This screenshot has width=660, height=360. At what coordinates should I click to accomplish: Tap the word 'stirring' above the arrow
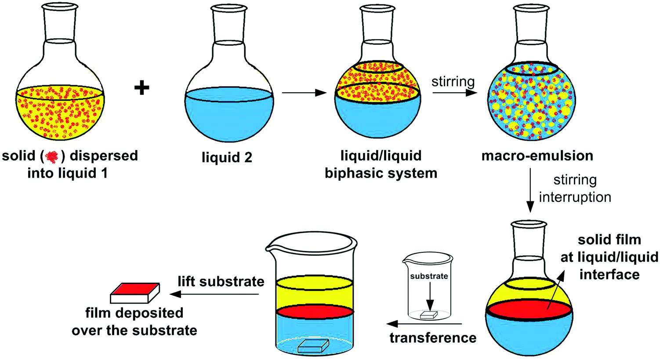point(453,82)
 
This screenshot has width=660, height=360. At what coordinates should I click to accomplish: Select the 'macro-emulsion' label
point(537,156)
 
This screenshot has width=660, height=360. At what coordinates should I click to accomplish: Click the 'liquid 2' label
point(227,157)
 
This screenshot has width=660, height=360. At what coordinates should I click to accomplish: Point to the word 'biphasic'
point(358,173)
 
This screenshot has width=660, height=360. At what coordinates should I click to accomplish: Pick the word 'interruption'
point(575,197)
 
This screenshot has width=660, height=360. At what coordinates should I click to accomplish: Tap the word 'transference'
point(432,338)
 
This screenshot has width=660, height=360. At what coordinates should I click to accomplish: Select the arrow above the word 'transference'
point(424,324)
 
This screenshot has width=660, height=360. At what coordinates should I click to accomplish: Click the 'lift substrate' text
point(221,281)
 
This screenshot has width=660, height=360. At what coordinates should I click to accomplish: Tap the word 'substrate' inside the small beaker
point(429,276)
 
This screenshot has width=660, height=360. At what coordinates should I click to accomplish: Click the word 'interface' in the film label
point(609,275)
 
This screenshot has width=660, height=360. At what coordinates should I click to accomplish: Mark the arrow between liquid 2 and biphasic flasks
point(304,93)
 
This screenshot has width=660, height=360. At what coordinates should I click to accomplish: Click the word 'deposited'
point(134,313)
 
